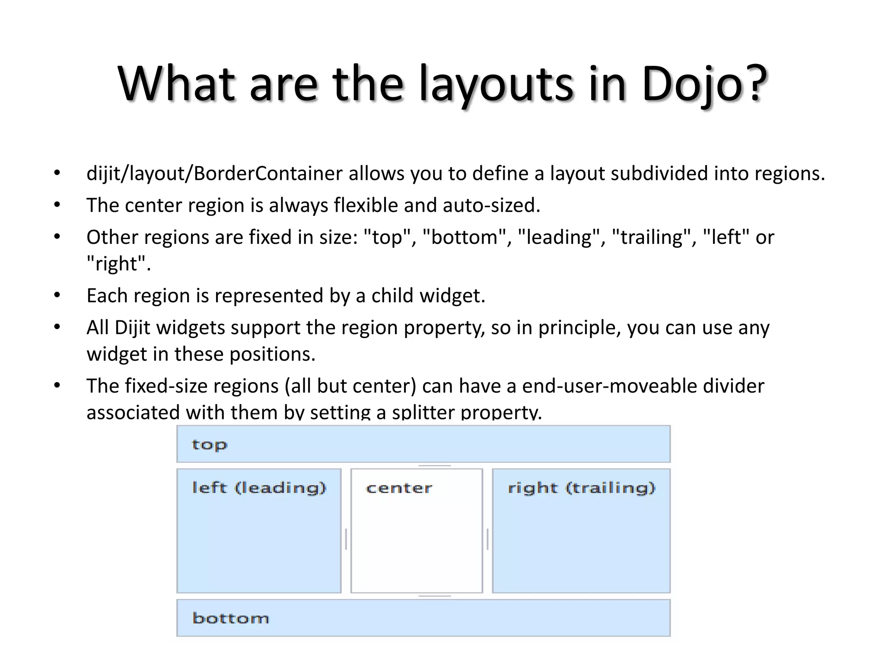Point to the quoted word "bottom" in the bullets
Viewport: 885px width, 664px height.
coord(465,237)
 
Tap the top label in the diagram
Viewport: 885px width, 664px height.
coord(209,444)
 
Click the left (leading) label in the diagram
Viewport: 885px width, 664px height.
coord(259,488)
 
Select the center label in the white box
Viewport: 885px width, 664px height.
coord(398,488)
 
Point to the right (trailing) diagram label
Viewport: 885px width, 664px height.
coord(581,488)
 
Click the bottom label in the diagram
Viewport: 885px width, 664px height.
coord(230,618)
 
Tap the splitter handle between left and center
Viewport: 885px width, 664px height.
coord(346,539)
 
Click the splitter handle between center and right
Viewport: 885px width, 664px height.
coord(487,539)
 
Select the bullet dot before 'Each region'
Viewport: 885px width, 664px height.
coord(57,296)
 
